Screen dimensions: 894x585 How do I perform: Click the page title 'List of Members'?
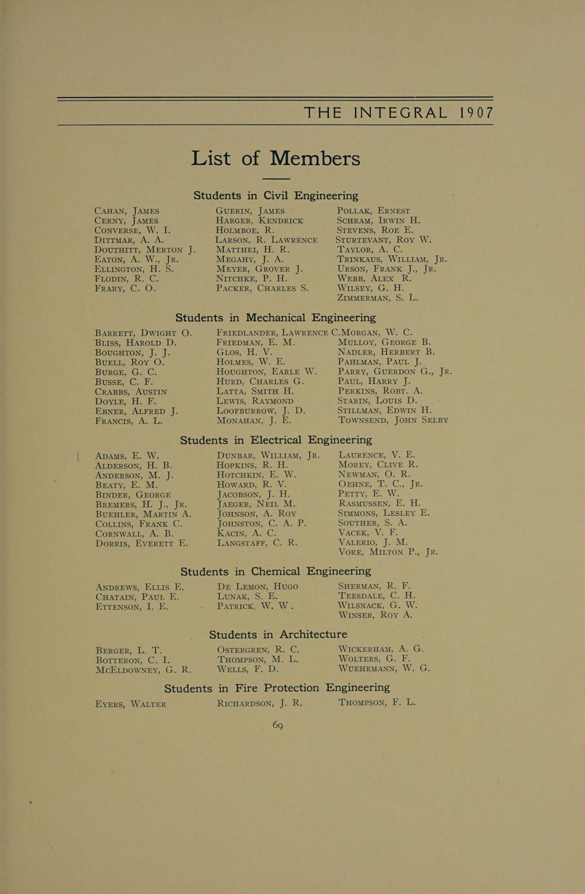[x=276, y=159]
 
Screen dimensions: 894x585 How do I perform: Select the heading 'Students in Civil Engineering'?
[x=276, y=195]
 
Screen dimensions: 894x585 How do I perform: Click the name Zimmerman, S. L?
[x=378, y=297]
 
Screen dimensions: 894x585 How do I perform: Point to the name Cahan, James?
[x=127, y=211]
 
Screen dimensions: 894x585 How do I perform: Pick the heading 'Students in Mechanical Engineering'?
[x=275, y=318]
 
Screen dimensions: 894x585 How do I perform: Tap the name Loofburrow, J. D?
[x=261, y=411]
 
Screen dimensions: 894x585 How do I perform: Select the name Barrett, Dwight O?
[x=144, y=333]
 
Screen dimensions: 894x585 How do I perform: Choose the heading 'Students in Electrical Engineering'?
[x=276, y=440]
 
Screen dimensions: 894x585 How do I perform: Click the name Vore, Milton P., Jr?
[x=388, y=552]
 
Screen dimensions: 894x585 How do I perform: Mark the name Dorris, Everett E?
[x=142, y=543]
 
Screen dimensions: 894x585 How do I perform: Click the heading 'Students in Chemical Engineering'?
[x=275, y=572]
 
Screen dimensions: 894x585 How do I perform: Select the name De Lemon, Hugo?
[x=257, y=586]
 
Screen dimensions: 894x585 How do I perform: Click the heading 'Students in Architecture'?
[x=278, y=634]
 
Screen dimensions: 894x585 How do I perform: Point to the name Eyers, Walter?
[x=131, y=704]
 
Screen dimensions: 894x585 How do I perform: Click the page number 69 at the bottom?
[x=278, y=725]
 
